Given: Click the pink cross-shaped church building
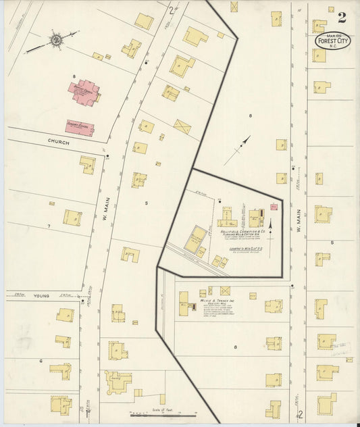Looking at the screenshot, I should [84, 91].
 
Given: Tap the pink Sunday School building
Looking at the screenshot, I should [79, 126].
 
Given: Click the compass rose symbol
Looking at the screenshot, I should [55, 41].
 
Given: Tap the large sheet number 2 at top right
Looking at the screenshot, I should [342, 16].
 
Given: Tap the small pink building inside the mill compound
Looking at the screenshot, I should [273, 206].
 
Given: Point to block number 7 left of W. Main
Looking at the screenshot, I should [49, 224].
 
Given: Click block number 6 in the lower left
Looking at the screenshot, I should [41, 361].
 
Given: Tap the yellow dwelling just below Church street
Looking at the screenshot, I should [87, 164].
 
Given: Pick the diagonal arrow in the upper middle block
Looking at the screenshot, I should [242, 144].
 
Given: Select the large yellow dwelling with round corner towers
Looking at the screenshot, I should [119, 382].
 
